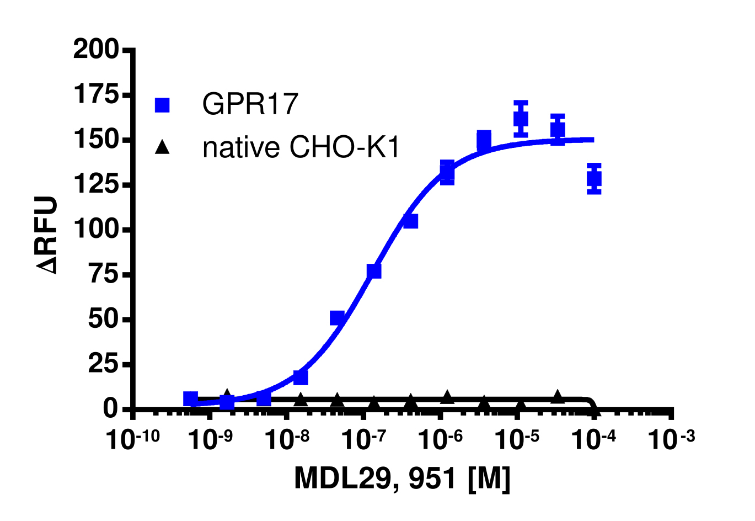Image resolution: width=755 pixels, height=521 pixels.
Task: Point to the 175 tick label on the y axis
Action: click(95, 95)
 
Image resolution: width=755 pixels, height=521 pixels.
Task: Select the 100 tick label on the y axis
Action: click(95, 229)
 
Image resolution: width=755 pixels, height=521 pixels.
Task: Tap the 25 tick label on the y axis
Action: click(103, 364)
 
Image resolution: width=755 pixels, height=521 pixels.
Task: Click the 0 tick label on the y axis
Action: click(111, 408)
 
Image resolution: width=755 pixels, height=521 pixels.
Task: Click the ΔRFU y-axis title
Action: click(47, 235)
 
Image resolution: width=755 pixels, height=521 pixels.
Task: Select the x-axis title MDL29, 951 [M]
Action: click(402, 479)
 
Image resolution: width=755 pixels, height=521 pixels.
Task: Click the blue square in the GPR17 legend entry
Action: click(162, 105)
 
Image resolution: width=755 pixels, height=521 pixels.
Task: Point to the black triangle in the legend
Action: click(162, 147)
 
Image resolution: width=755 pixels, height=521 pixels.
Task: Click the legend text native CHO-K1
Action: click(301, 147)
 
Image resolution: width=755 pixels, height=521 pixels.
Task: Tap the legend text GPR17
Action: click(250, 104)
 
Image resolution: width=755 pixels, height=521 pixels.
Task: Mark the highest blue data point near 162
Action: click(521, 119)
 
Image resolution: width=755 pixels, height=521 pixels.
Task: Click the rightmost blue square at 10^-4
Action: click(594, 179)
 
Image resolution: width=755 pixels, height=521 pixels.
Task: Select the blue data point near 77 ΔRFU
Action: click(374, 271)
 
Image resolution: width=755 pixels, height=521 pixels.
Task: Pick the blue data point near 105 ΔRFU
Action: click(410, 221)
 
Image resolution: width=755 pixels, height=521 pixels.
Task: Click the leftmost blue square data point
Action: click(191, 398)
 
